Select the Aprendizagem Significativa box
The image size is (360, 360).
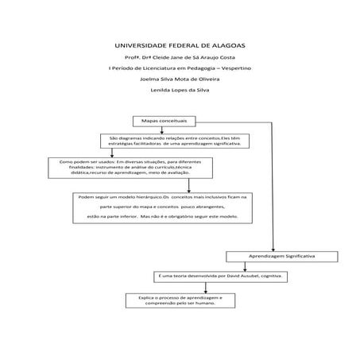[282, 257]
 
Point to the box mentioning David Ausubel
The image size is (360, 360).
[221, 276]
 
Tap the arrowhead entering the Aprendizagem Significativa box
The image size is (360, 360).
[274, 249]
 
